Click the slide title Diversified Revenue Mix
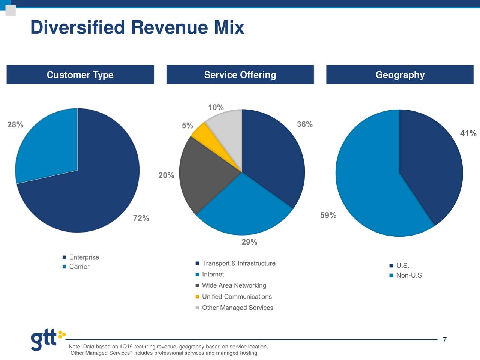[x=137, y=28]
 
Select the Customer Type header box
[x=80, y=75]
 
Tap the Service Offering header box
[x=240, y=75]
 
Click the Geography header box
[x=400, y=75]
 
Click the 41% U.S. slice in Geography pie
[x=431, y=161]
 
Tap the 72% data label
[x=141, y=218]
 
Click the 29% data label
[x=249, y=242]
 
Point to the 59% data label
[x=328, y=216]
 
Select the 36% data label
[x=304, y=124]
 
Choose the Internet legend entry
[x=213, y=274]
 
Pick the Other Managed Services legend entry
[x=237, y=308]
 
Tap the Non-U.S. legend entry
[x=409, y=276]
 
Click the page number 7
[x=444, y=340]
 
